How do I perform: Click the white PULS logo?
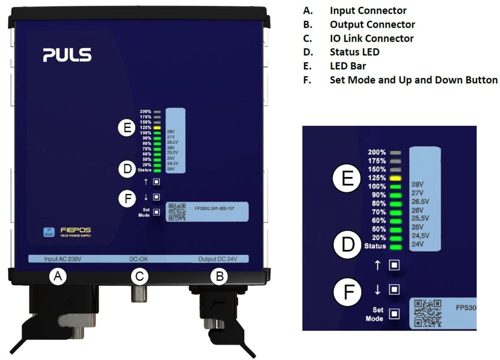click(x=67, y=55)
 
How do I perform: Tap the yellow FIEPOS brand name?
click(x=76, y=230)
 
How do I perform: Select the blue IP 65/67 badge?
click(x=49, y=232)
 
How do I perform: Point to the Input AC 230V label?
click(x=63, y=259)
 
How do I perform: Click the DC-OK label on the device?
click(x=138, y=259)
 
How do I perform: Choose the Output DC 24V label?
click(x=217, y=259)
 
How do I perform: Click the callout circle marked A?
click(x=58, y=276)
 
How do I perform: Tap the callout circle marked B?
click(x=219, y=276)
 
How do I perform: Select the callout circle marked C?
click(x=139, y=276)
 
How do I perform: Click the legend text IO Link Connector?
click(x=371, y=38)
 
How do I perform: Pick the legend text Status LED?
click(x=354, y=52)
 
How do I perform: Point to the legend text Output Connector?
click(x=372, y=24)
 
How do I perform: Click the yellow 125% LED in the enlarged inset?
click(x=396, y=178)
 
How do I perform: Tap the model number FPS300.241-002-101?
click(x=214, y=208)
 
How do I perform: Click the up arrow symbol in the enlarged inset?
click(x=377, y=265)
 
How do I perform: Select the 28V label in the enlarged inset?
click(x=417, y=184)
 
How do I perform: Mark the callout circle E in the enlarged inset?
click(x=347, y=178)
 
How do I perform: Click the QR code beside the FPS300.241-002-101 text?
click(x=177, y=212)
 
